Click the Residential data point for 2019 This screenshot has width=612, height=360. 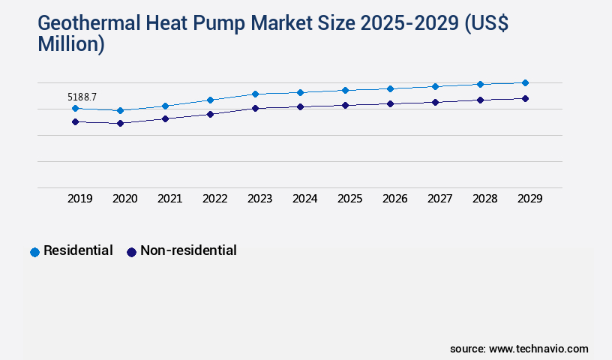pyautogui.click(x=75, y=108)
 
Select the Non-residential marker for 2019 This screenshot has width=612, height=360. pyautogui.click(x=75, y=121)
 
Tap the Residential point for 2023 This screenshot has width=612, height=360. pyautogui.click(x=255, y=94)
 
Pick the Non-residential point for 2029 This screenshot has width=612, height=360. pyautogui.click(x=525, y=98)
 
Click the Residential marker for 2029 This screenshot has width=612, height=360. pyautogui.click(x=525, y=82)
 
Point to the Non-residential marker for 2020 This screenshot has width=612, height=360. pyautogui.click(x=120, y=123)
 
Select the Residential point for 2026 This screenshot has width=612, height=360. pyautogui.click(x=390, y=88)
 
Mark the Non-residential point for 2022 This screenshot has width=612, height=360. pyautogui.click(x=210, y=114)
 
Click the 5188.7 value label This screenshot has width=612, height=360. pyautogui.click(x=82, y=97)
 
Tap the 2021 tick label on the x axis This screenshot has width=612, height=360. pyautogui.click(x=169, y=199)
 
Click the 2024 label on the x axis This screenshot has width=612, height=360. pyautogui.click(x=304, y=199)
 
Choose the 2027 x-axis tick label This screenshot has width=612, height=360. pyautogui.click(x=439, y=199)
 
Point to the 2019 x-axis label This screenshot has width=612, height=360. pyautogui.click(x=79, y=199)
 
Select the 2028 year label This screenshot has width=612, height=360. pyautogui.click(x=484, y=199)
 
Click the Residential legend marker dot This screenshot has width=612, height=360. pyautogui.click(x=34, y=252)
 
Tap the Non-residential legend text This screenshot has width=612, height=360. pyautogui.click(x=188, y=250)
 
